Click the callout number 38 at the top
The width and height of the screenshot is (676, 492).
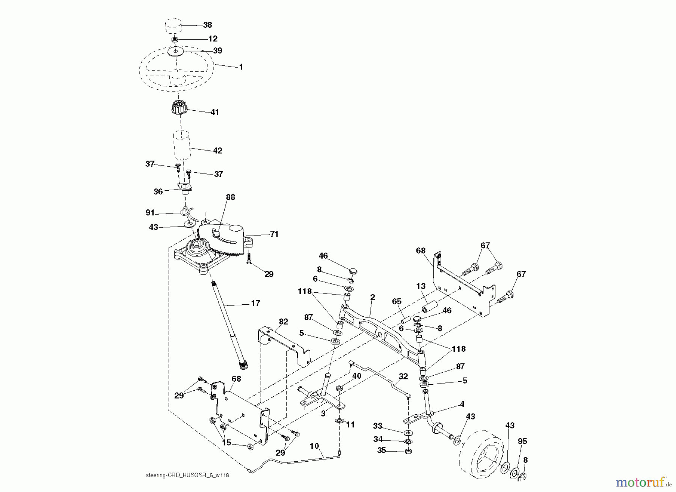[x=207, y=25]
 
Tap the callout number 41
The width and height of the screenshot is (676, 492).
[x=214, y=112]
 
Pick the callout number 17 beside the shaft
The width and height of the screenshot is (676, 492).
[x=255, y=303]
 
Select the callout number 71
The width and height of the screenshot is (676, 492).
[x=274, y=234]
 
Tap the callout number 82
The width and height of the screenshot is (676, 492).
[x=284, y=322]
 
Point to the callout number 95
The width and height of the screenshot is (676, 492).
[x=522, y=441]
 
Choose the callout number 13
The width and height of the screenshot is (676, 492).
[x=421, y=286]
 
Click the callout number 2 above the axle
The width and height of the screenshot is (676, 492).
[x=372, y=297]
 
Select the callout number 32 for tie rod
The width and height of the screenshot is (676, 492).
[x=403, y=376]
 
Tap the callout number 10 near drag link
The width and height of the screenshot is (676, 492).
[x=314, y=446]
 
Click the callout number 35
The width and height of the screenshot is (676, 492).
[x=382, y=450]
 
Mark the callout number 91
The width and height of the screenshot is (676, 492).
[x=150, y=213]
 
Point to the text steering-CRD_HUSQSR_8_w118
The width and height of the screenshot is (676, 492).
[x=187, y=475]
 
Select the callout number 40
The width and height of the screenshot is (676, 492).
[x=356, y=376]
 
